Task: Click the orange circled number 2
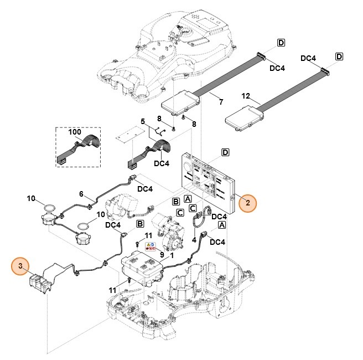coord(248,203)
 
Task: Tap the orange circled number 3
coord(20,267)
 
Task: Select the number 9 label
coord(161,255)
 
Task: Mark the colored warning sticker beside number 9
coord(150,246)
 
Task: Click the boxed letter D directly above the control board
coord(225,152)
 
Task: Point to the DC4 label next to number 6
coord(144,189)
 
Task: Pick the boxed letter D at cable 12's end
coord(339,56)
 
